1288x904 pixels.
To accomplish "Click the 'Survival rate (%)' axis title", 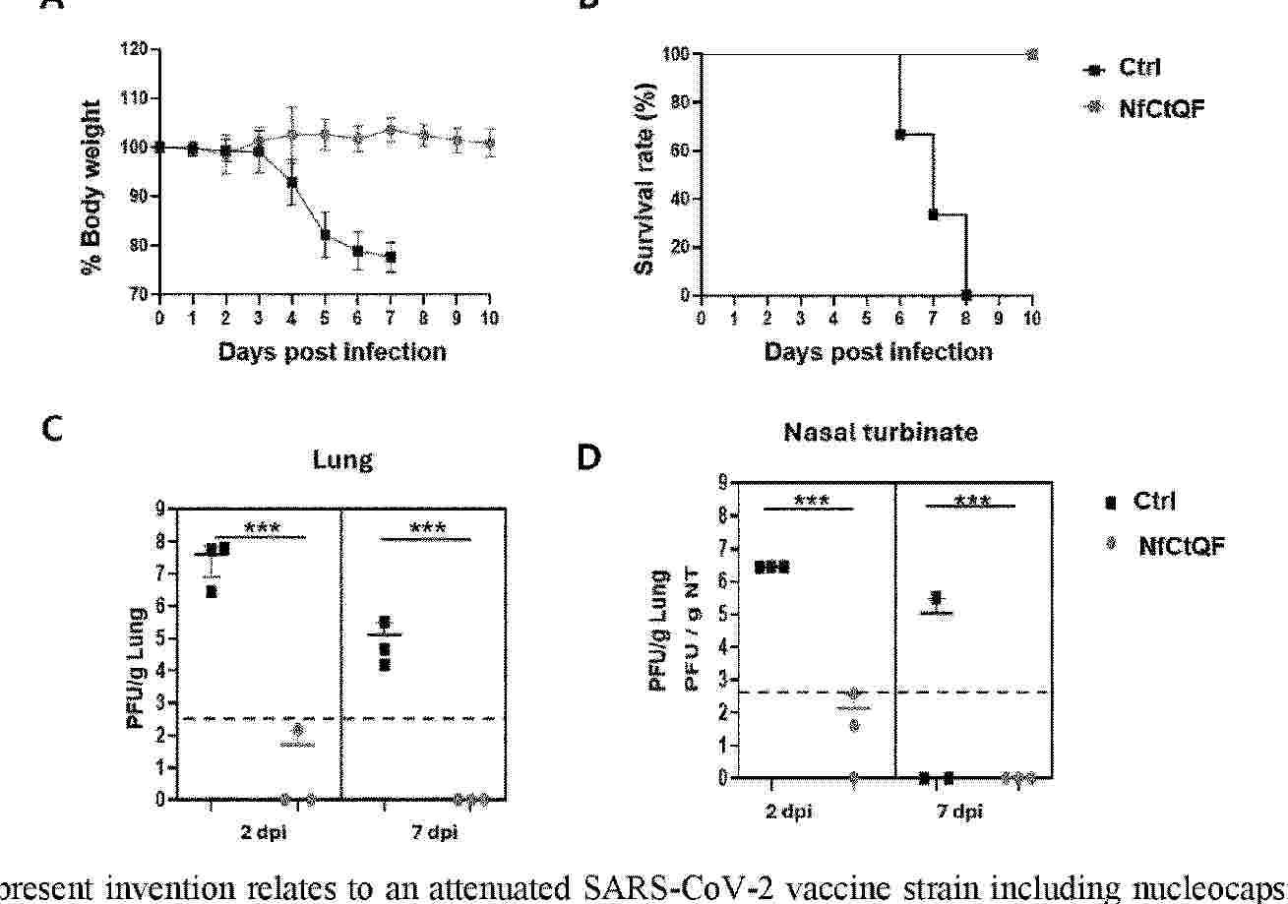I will (x=646, y=186).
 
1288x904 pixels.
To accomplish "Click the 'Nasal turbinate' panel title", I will (x=881, y=432).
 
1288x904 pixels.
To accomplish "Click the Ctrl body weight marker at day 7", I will (x=391, y=257).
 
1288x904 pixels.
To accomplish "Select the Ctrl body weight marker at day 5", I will (x=325, y=235).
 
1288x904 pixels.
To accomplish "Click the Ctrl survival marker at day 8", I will (x=966, y=295).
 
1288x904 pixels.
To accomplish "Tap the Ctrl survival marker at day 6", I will (x=899, y=134).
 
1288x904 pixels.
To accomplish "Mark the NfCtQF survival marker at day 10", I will (x=1032, y=54).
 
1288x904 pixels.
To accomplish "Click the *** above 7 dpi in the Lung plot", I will (x=428, y=528).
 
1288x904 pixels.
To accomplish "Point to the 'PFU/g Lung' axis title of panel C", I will (x=137, y=669).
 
